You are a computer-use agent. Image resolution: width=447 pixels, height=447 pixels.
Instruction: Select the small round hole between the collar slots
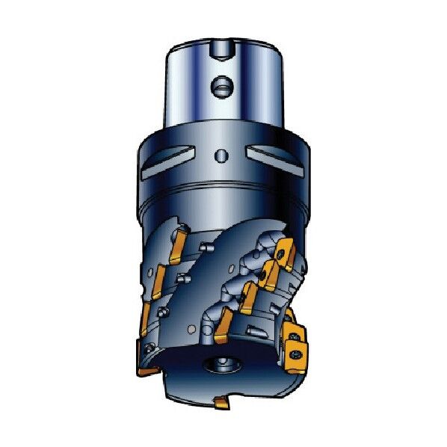tap(221, 155)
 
